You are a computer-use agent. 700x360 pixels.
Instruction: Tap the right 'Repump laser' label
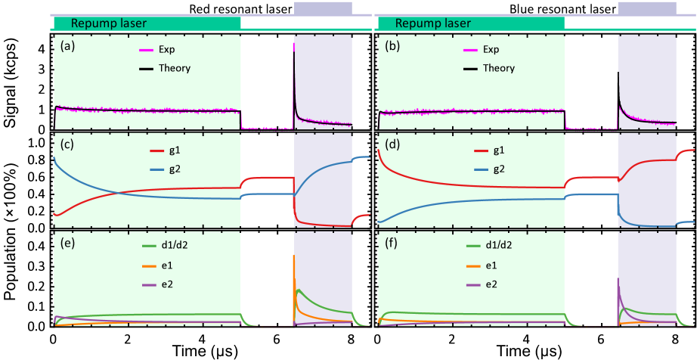433,23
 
